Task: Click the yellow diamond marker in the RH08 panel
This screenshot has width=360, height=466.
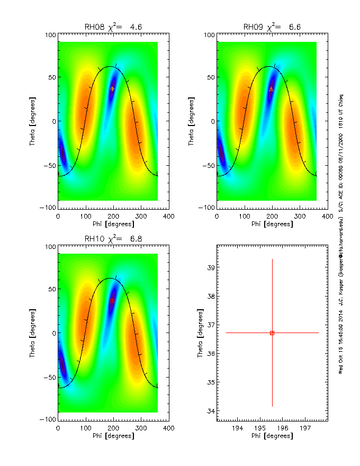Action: [x=112, y=89]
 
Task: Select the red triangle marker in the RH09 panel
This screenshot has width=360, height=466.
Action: [x=271, y=89]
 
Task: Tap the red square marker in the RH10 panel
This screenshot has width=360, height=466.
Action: [x=112, y=300]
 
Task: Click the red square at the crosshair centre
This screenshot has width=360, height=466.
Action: [x=272, y=333]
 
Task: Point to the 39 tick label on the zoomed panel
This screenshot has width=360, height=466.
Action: [x=210, y=268]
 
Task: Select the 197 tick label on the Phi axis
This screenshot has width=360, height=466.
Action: [x=305, y=427]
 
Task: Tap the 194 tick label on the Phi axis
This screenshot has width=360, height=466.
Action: [x=238, y=427]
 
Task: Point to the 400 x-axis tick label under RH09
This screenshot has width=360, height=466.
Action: [x=327, y=216]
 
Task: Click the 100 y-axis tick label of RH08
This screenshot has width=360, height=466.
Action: [x=50, y=35]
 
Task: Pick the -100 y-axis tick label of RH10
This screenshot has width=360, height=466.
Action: [x=48, y=419]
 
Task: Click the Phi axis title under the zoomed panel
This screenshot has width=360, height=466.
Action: [x=272, y=436]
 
